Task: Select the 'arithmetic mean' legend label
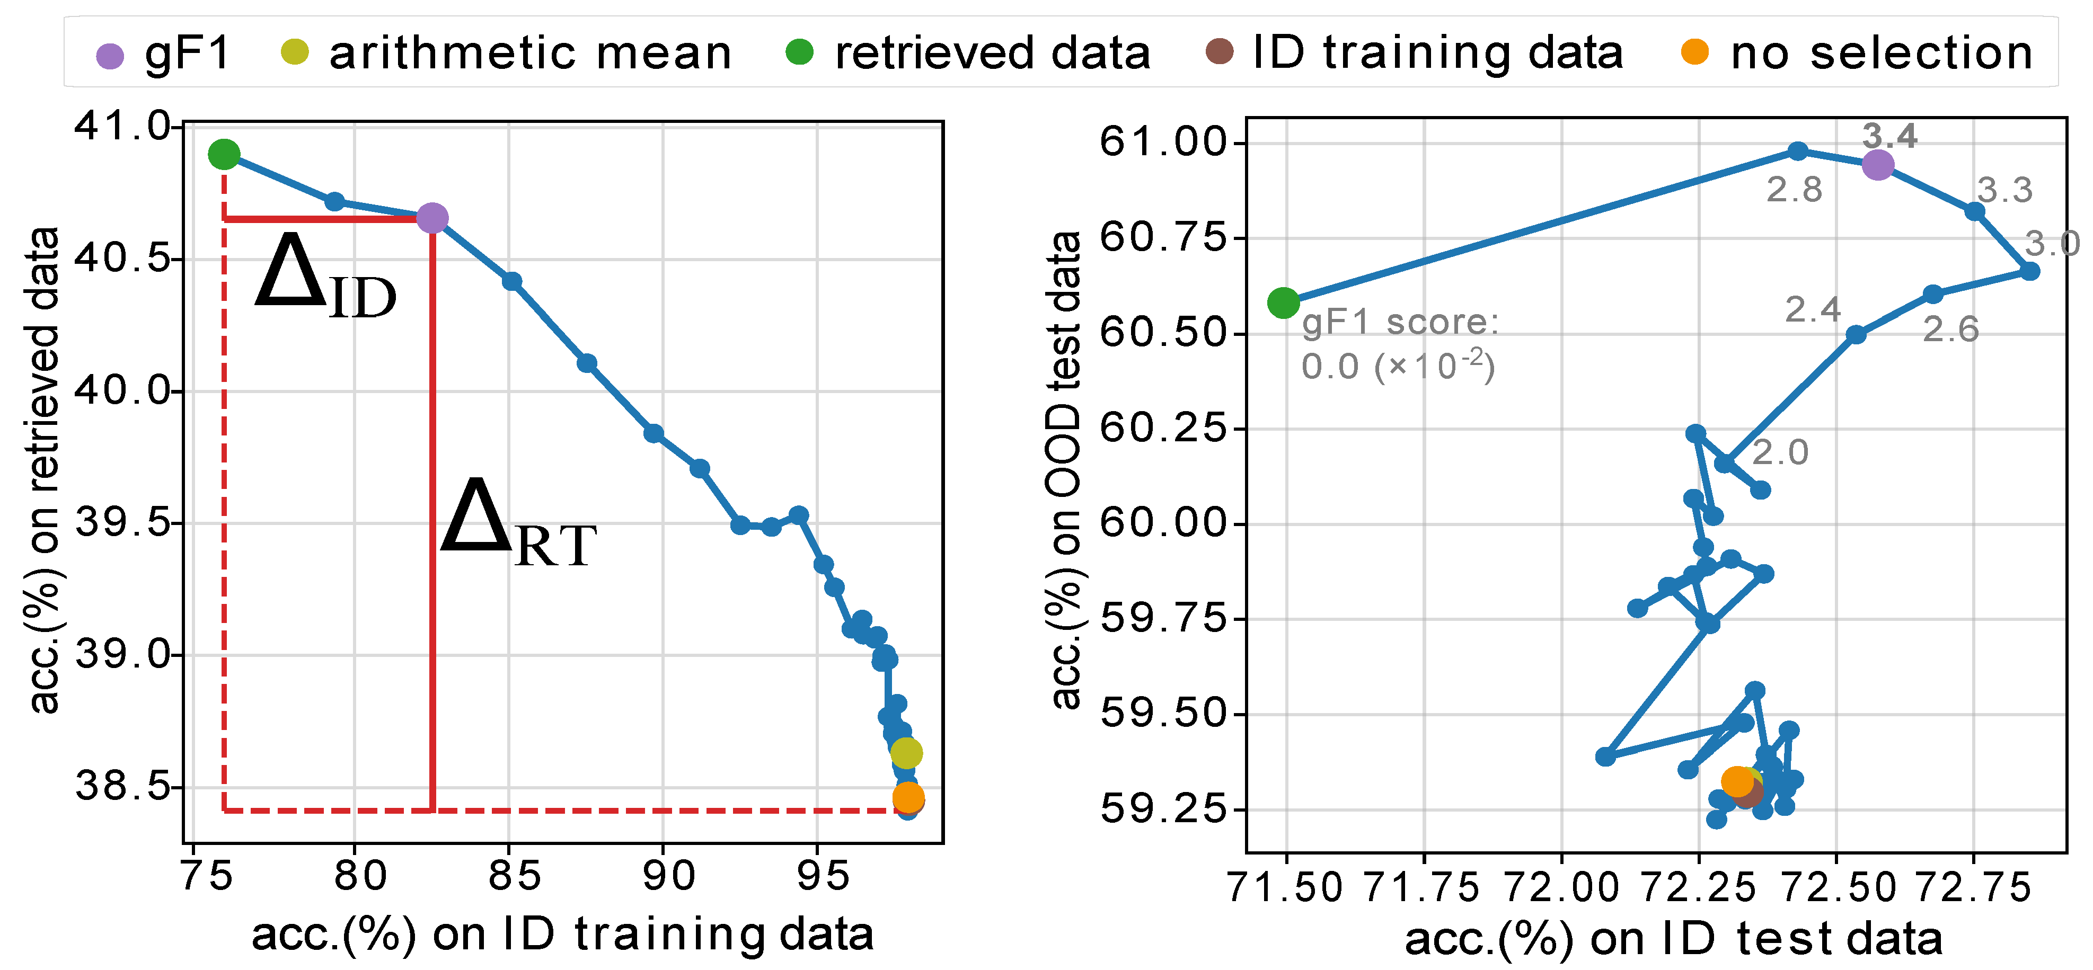point(530,54)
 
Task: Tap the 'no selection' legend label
point(1882,54)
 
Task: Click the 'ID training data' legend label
point(1437,54)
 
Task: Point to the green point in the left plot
point(224,154)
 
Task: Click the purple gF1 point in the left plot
point(432,218)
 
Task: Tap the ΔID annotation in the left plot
point(325,276)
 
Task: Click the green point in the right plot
point(1283,303)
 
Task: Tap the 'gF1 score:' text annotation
point(1400,323)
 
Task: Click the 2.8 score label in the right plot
point(1794,190)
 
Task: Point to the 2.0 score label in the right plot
point(1779,452)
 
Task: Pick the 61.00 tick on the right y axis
point(1162,142)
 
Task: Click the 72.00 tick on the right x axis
point(1561,887)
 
